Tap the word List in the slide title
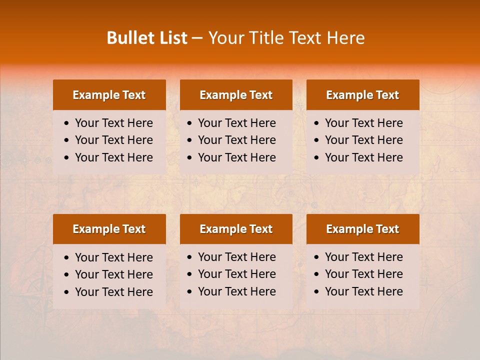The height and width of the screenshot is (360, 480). [x=171, y=38]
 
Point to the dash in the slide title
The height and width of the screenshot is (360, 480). [x=197, y=38]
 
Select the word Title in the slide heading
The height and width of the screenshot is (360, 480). [x=267, y=38]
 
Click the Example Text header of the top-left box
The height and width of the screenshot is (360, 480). [x=109, y=95]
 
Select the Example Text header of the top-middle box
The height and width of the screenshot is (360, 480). [x=236, y=95]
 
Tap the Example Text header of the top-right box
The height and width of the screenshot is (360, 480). [x=362, y=95]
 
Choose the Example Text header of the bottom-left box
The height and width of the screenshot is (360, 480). [x=109, y=229]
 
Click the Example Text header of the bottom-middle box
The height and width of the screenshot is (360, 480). [x=236, y=229]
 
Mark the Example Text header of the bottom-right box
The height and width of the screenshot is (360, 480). [x=362, y=229]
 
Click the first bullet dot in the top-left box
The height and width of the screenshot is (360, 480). [x=67, y=123]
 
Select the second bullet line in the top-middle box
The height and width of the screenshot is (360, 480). [x=236, y=140]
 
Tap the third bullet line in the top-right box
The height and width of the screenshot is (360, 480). [x=363, y=157]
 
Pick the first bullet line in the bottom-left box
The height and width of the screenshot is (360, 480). [x=113, y=257]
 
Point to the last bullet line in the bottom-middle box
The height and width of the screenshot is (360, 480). [x=236, y=291]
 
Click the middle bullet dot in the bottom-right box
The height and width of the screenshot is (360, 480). [x=317, y=274]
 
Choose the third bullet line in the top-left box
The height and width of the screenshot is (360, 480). [x=113, y=157]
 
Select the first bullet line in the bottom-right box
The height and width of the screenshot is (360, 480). [x=363, y=257]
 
